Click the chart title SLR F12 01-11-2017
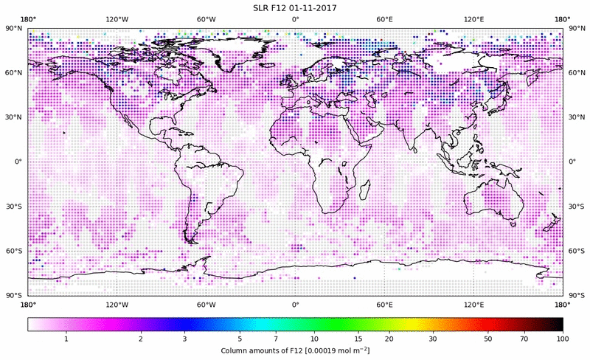pos(295,7)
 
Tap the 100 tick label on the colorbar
pos(562,339)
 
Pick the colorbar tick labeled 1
pos(66,339)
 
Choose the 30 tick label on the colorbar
pos(433,339)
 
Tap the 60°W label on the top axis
pos(206,19)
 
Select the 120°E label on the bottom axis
pos(473,304)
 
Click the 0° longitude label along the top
pos(295,19)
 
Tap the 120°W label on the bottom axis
pos(117,304)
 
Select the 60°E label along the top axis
pos(384,19)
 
